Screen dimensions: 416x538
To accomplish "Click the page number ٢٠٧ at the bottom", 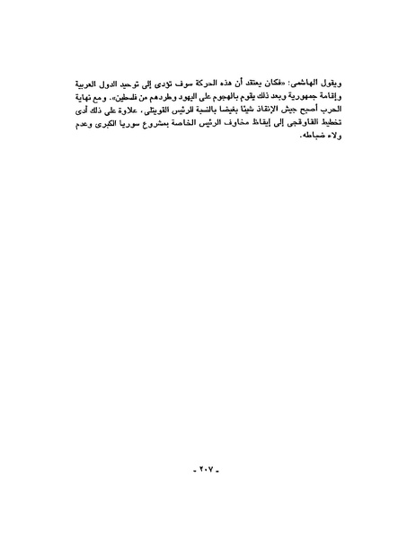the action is [x=208, y=468].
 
